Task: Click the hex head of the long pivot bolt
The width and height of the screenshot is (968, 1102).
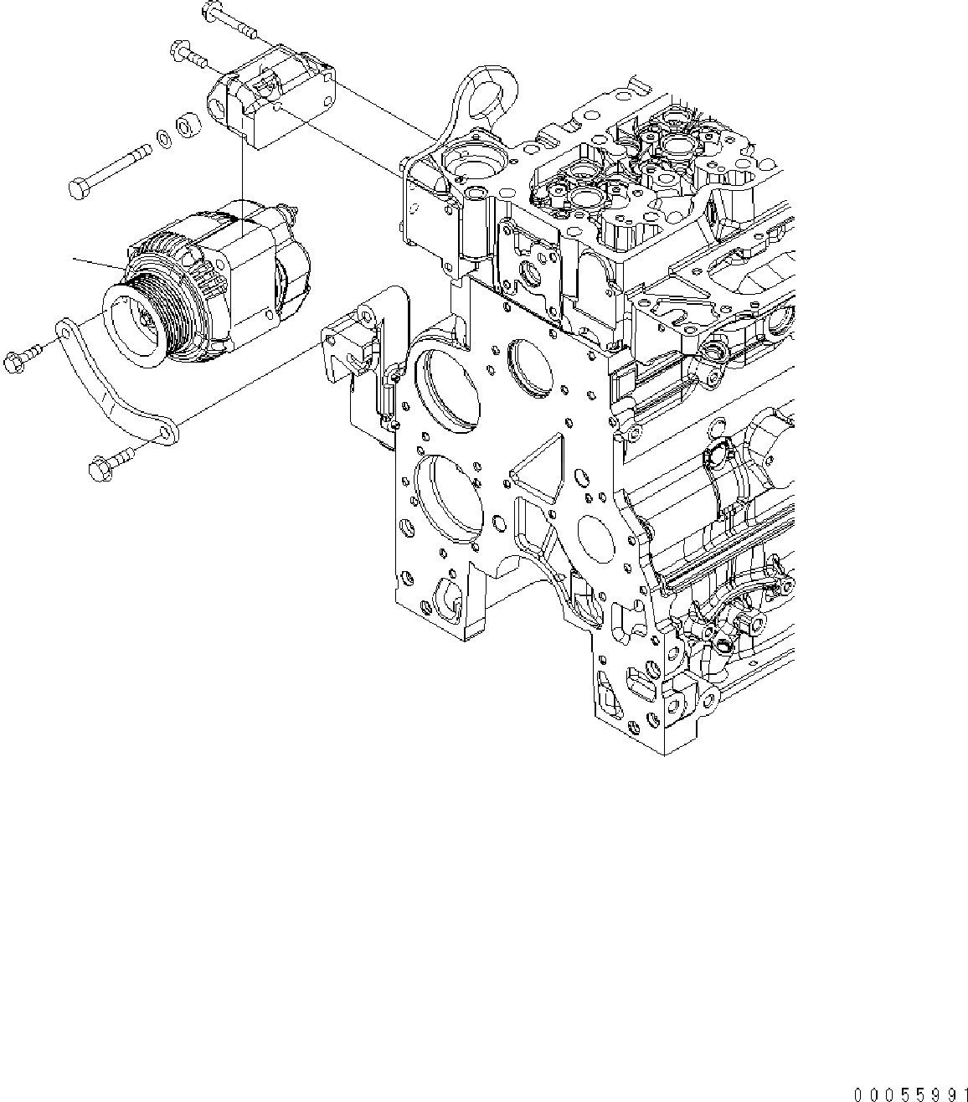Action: (77, 189)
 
